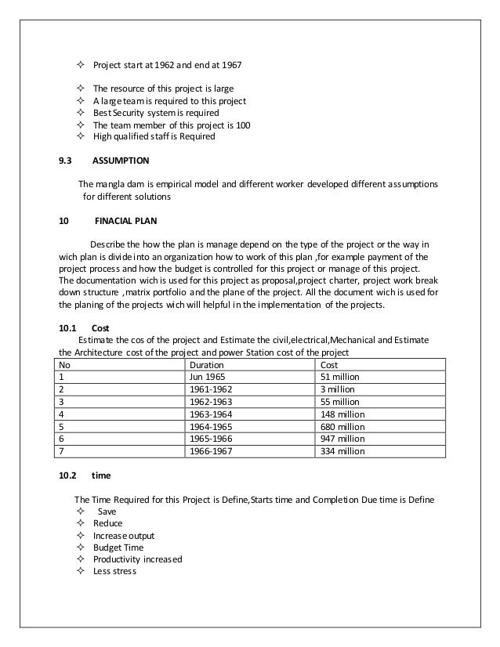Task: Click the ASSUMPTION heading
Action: (x=121, y=161)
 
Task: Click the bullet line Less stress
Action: (x=114, y=572)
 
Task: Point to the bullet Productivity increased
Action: (x=137, y=559)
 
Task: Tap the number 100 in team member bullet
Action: (x=244, y=125)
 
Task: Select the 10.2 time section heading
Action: (x=85, y=475)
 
